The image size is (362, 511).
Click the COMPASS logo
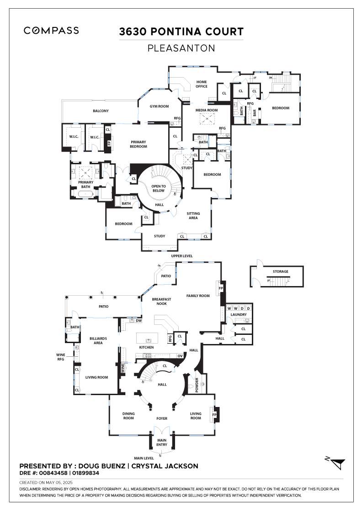51,31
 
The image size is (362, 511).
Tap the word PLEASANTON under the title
181,47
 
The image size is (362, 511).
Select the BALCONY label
101,111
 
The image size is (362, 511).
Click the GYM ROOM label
160,106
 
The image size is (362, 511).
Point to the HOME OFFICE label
202,84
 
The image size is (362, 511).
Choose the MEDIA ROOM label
207,110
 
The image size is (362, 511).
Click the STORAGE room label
281,271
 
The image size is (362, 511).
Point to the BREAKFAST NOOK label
162,301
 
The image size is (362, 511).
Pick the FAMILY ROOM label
198,296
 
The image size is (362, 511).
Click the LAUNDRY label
239,314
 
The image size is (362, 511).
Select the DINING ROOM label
128,416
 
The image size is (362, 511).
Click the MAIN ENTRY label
162,443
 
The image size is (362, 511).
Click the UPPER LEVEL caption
181,256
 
